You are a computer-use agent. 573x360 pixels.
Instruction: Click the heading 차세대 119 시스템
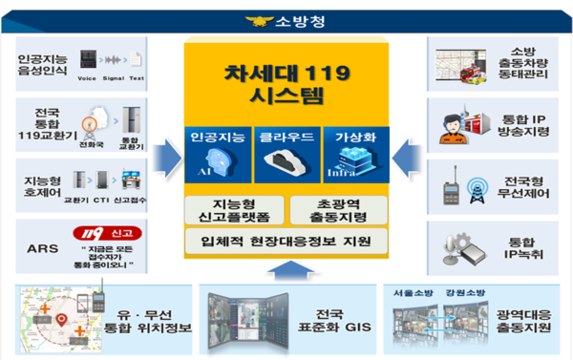pos(286,83)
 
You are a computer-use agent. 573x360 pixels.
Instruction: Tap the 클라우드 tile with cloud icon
pos(286,153)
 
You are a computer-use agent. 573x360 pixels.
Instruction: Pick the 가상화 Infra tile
pos(354,153)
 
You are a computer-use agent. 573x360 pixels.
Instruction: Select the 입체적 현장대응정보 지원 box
pos(286,240)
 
